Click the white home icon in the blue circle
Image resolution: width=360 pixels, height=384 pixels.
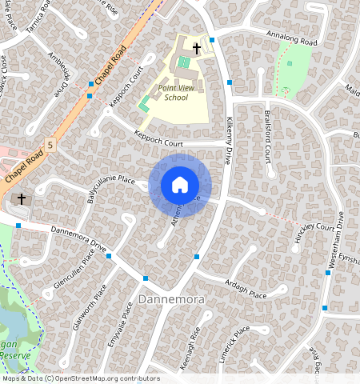click(180, 185)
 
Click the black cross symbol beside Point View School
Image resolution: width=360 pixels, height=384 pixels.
click(196, 49)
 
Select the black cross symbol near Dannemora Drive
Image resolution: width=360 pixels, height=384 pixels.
click(22, 198)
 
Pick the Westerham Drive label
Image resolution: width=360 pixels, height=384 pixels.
click(339, 240)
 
